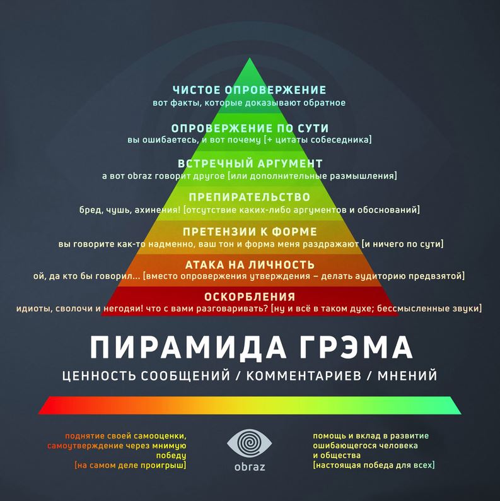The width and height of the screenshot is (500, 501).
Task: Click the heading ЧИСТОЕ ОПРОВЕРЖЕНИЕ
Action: [x=249, y=90]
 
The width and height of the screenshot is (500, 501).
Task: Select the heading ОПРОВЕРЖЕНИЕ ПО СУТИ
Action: [x=249, y=126]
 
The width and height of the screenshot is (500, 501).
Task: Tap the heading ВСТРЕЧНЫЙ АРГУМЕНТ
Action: [x=249, y=163]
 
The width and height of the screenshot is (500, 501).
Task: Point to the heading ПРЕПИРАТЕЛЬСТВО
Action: [x=249, y=197]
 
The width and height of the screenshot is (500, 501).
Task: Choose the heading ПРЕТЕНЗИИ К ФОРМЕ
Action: [x=249, y=232]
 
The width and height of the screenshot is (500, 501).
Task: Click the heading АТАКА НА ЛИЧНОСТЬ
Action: [x=249, y=264]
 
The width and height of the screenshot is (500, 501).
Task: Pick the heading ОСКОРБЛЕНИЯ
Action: [x=249, y=297]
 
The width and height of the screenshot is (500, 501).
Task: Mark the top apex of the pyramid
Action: [x=250, y=59]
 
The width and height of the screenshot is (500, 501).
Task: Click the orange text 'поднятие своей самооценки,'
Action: [x=125, y=436]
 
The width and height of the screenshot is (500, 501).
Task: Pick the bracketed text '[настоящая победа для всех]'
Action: [x=373, y=465]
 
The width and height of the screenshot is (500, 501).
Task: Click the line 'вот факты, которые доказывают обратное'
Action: [x=249, y=102]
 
